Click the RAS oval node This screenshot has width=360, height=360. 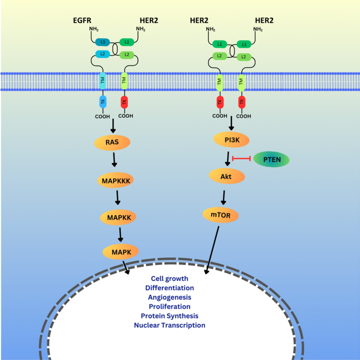click(x=111, y=142)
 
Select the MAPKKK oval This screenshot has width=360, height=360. click(x=116, y=180)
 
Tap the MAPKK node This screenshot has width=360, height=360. click(x=119, y=217)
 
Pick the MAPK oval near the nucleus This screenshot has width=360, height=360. click(x=121, y=252)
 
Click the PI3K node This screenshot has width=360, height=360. click(x=231, y=139)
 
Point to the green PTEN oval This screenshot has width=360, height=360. click(x=271, y=159)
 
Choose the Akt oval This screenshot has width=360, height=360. click(x=227, y=176)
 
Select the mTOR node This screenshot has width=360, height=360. click(x=221, y=214)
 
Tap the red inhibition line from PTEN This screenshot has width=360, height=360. click(x=242, y=158)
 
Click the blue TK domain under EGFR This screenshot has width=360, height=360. click(x=102, y=102)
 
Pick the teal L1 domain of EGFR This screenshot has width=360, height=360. click(x=103, y=42)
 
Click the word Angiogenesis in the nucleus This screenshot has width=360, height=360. click(x=169, y=297)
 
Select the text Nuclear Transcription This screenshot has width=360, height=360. click(x=169, y=325)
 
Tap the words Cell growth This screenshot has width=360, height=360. click(x=169, y=278)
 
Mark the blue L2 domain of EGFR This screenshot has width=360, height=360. click(x=103, y=55)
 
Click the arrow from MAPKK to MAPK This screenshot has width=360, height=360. click(x=120, y=234)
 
